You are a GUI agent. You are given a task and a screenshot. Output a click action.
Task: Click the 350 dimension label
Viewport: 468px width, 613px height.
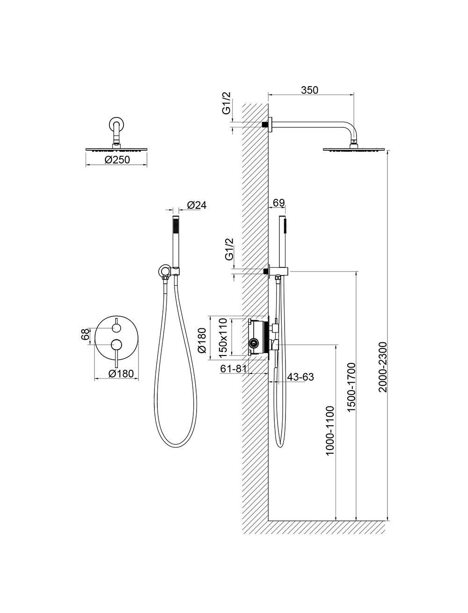(x=309, y=90)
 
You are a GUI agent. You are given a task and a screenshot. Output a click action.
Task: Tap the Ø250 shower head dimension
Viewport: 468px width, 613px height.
(x=117, y=160)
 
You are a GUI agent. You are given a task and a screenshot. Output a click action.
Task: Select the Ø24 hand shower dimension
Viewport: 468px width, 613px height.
(x=197, y=205)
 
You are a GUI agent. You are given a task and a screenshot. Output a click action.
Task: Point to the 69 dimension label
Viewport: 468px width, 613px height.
(x=278, y=203)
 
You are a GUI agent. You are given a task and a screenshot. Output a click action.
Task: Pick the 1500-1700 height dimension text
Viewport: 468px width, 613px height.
(x=351, y=387)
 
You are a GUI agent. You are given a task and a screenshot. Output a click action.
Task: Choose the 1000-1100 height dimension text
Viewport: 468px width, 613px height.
(x=329, y=431)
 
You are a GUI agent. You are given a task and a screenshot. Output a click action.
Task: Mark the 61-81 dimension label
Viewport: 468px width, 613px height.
(x=234, y=369)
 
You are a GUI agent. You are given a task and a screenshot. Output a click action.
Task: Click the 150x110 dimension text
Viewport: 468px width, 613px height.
(x=224, y=338)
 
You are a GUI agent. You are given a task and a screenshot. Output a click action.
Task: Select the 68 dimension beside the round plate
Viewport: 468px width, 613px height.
(x=86, y=334)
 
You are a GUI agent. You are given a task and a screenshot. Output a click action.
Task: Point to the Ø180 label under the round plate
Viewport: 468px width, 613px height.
(x=121, y=373)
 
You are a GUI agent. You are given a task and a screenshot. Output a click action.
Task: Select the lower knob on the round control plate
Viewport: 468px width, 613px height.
(x=117, y=345)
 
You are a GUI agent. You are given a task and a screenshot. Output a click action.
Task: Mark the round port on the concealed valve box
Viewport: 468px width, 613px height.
(x=253, y=343)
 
